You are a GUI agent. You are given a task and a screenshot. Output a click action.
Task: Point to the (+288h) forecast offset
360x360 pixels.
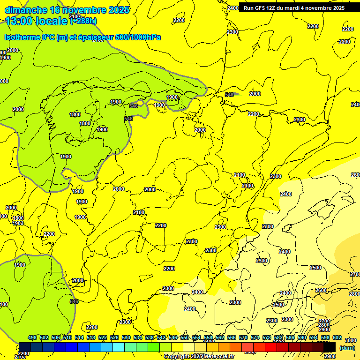[x=84, y=21]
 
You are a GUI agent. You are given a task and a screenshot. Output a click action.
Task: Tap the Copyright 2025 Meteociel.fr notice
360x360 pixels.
[x=199, y=357]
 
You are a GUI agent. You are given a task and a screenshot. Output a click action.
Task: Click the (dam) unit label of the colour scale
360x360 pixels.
[x=347, y=348]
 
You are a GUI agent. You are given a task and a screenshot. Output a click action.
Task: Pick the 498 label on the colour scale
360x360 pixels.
[x=32, y=337]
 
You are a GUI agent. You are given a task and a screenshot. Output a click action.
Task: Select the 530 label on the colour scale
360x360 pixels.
[x=126, y=337]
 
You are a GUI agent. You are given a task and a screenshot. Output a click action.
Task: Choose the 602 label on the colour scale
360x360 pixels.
[x=337, y=337]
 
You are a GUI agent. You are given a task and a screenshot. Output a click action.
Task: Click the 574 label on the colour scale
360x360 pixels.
[x=255, y=337]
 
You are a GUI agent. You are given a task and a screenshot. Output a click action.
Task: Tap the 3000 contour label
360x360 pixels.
[x=350, y=340]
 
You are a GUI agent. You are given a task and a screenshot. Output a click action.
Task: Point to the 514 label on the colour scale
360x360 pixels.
[x=79, y=337]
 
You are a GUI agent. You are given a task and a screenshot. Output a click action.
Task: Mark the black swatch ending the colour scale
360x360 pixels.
[x=330, y=347]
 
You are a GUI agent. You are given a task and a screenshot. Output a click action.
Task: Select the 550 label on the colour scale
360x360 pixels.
[x=185, y=337]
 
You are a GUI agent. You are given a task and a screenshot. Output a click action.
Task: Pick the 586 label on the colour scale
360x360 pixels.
[x=290, y=337]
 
